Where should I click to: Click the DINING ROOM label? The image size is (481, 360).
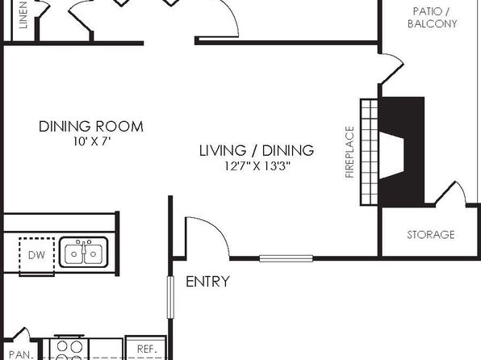(x=91, y=127)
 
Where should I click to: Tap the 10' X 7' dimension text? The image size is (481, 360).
(x=91, y=141)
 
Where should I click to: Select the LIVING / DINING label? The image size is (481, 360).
(x=257, y=150)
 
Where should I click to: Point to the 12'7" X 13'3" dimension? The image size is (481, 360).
(x=257, y=166)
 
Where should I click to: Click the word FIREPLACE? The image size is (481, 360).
(x=349, y=152)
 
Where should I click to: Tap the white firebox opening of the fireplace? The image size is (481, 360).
(x=391, y=155)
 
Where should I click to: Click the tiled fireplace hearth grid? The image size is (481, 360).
(x=369, y=152)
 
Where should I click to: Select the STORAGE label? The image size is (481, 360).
(x=431, y=235)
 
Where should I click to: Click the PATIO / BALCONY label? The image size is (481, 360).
(x=432, y=18)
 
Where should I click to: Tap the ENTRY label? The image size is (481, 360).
(x=207, y=282)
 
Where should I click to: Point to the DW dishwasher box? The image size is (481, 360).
(x=36, y=256)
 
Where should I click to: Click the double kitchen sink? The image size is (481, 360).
(x=83, y=252)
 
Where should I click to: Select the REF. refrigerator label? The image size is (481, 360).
(x=147, y=349)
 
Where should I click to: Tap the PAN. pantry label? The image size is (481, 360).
(x=21, y=354)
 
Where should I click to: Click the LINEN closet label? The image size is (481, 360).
(x=23, y=15)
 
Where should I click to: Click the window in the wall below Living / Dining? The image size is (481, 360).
(x=286, y=258)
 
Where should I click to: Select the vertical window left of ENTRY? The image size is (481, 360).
(x=170, y=297)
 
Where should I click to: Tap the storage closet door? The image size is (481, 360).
(x=450, y=193)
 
